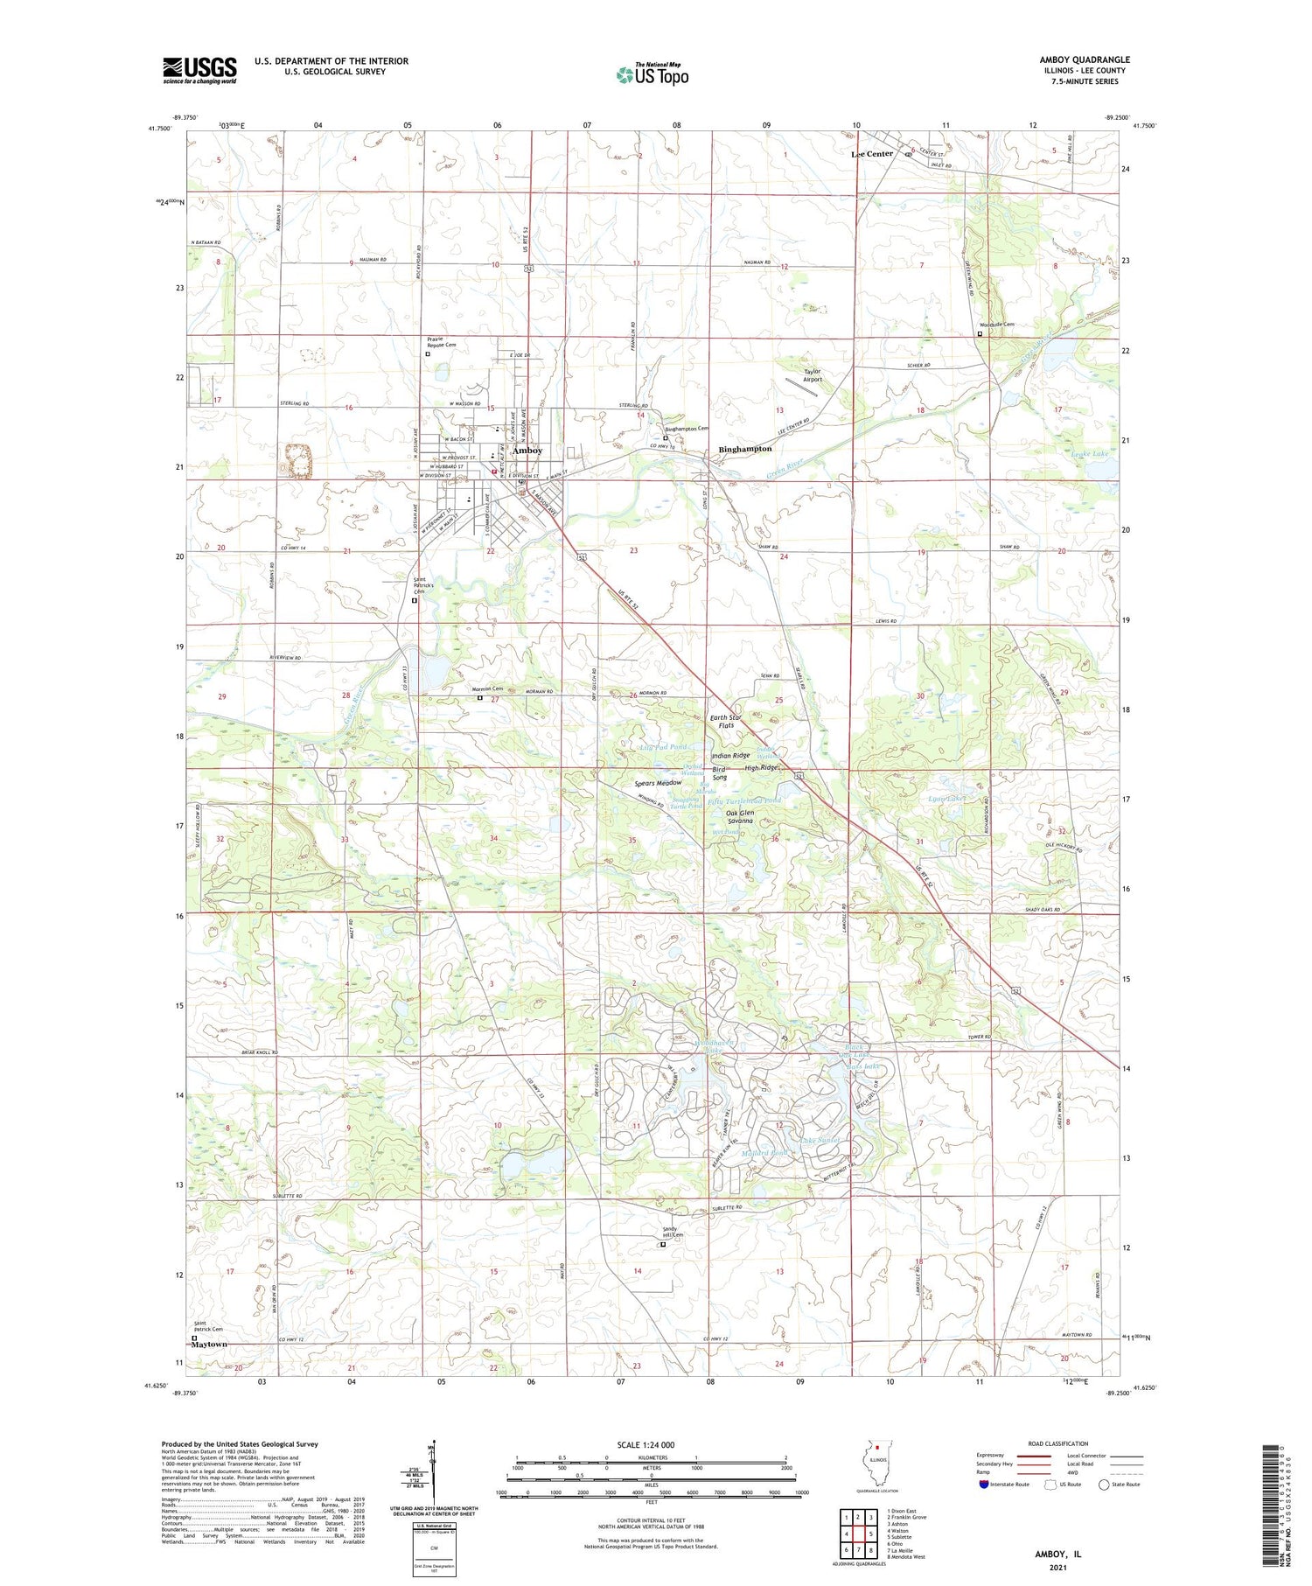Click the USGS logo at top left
(x=199, y=70)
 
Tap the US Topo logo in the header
(x=652, y=74)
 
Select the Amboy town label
(x=527, y=451)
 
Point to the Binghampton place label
(x=744, y=449)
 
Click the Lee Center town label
(x=872, y=154)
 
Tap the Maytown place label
(x=210, y=1345)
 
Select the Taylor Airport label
(x=813, y=374)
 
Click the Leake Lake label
(x=1089, y=454)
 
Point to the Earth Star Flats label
(x=725, y=722)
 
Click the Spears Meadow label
(x=658, y=783)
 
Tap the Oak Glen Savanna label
(x=733, y=817)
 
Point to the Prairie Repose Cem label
(x=441, y=342)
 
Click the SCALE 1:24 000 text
(x=652, y=1444)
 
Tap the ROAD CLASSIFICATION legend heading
(x=1058, y=1443)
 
